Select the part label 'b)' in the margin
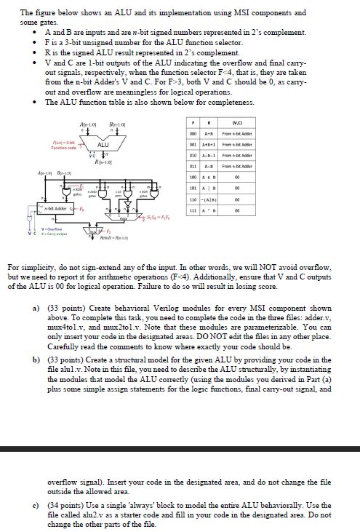click(x=38, y=359)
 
